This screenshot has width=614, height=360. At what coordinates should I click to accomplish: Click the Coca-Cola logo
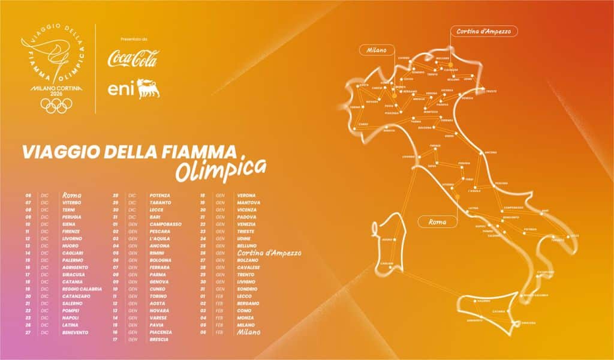click(x=133, y=59)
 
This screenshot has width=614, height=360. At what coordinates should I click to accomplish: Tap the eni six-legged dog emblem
click(x=147, y=89)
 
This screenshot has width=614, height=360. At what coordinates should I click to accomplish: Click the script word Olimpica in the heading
click(x=221, y=169)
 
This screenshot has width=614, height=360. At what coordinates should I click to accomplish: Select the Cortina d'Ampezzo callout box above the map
click(x=483, y=31)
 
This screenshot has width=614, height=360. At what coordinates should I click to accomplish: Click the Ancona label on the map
click(x=491, y=152)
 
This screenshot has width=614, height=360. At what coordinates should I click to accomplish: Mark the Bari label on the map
click(x=544, y=211)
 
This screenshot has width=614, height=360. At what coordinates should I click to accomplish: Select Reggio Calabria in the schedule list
click(x=82, y=289)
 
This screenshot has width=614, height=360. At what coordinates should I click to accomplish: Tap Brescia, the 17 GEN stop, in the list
click(x=159, y=340)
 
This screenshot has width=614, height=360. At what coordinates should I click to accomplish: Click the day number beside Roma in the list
click(x=28, y=196)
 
